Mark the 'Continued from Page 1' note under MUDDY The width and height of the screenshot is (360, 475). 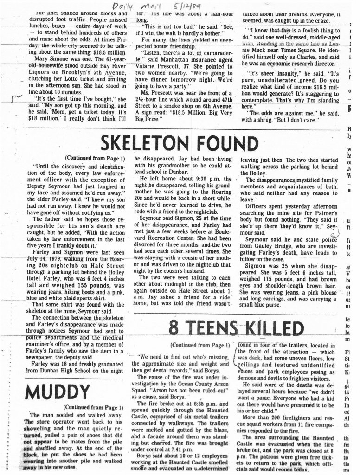(x=88, y=407)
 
